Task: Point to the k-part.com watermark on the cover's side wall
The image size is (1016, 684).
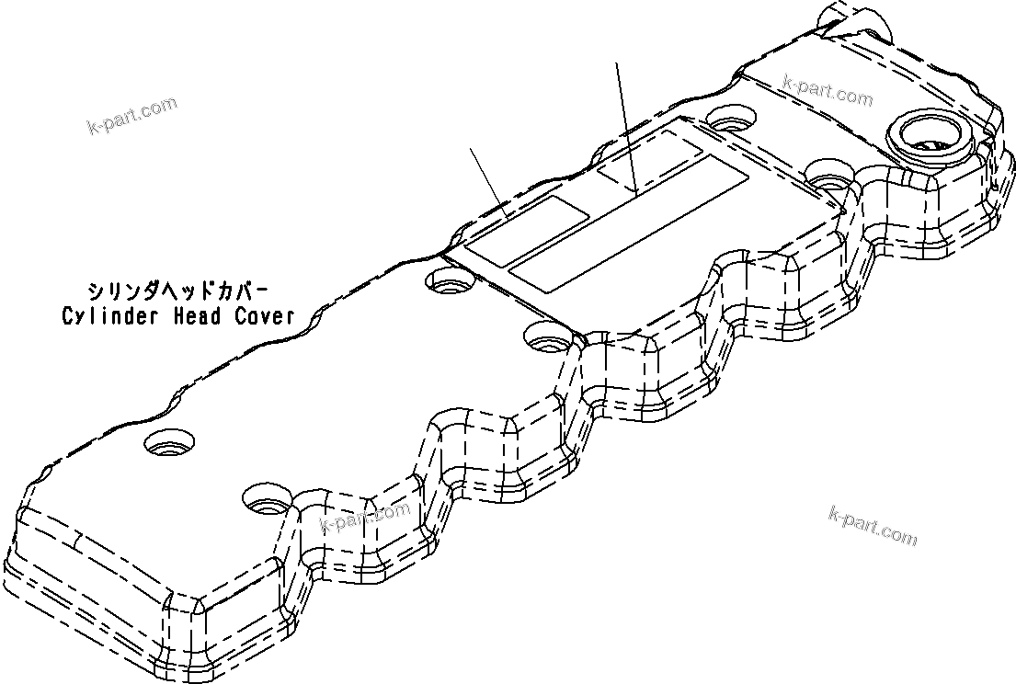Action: point(364,519)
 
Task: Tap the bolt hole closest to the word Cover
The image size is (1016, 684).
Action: point(450,279)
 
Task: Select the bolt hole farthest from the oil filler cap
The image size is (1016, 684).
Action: point(169,444)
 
